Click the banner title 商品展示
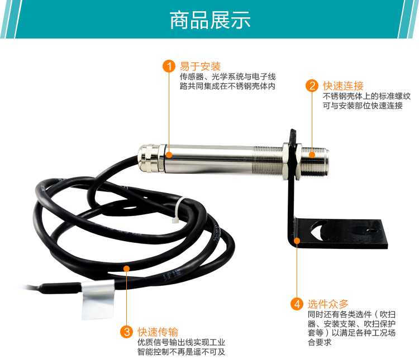tap(210, 20)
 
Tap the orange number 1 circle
tap(169, 66)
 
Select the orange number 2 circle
tap(312, 86)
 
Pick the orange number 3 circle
tap(127, 332)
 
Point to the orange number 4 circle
tap(297, 304)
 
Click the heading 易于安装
tap(200, 66)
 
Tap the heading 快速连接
tap(343, 86)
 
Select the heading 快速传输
tap(158, 332)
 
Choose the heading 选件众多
tap(328, 304)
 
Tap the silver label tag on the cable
tap(98, 299)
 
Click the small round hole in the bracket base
tap(370, 231)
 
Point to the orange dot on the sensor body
tap(169, 155)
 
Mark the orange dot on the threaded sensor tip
tap(312, 155)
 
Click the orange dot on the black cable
tap(127, 268)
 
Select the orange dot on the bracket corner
tap(297, 241)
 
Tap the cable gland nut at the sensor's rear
tap(150, 159)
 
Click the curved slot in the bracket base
tap(317, 231)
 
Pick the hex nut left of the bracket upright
tap(286, 161)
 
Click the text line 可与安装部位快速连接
tap(363, 105)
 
